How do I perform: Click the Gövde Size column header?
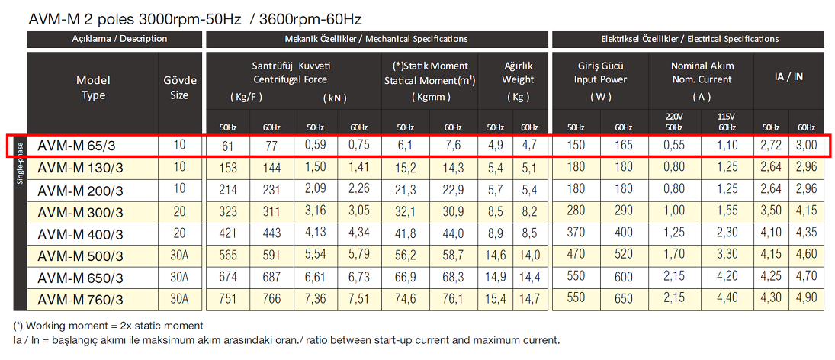[180, 88]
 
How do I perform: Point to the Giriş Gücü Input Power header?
[601, 79]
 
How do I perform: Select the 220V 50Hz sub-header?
[673, 121]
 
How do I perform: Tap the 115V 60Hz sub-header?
[726, 121]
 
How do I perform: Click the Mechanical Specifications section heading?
[376, 39]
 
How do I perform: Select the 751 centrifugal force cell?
[229, 299]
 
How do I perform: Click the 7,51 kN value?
[358, 299]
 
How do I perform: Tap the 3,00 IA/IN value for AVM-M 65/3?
[807, 144]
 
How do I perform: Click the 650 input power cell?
[623, 299]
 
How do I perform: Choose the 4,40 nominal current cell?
[726, 299]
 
